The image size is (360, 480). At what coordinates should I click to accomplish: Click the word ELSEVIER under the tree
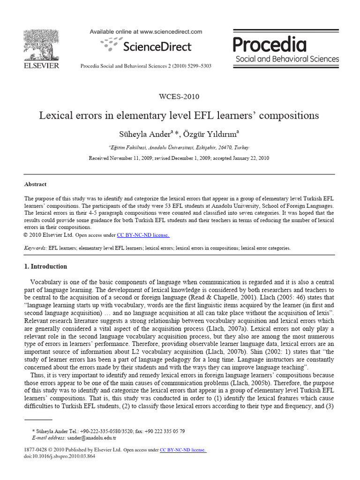tap(41, 66)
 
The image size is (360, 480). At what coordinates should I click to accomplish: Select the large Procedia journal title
tap(270, 45)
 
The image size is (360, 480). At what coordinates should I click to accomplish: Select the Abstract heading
tap(35, 184)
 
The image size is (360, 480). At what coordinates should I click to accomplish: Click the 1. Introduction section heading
tap(45, 266)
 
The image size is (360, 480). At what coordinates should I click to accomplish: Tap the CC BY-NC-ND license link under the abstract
tap(143, 235)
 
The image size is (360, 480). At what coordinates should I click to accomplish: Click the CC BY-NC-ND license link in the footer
tap(183, 450)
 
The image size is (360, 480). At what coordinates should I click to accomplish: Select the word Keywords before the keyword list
tap(35, 248)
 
